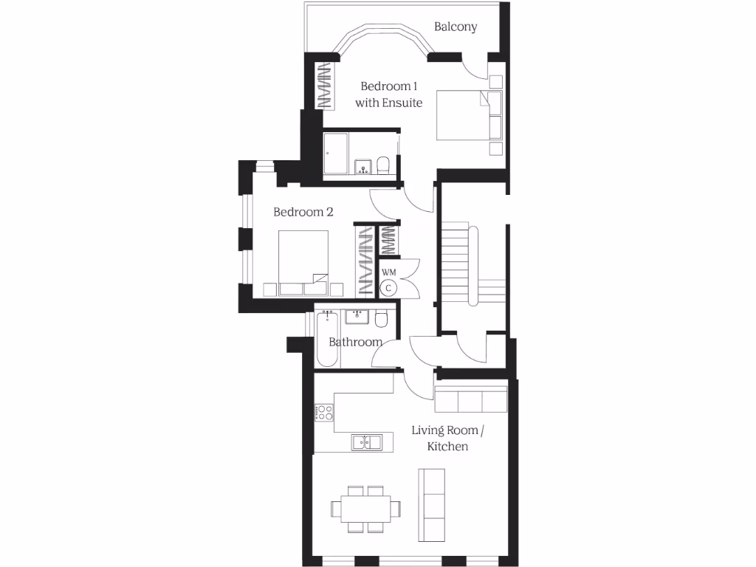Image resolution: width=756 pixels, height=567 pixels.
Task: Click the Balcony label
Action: (x=456, y=27)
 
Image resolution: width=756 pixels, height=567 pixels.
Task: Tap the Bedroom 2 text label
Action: (x=303, y=212)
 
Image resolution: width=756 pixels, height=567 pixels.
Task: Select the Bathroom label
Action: (x=355, y=342)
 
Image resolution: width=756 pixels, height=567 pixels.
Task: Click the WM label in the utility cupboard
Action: (x=388, y=272)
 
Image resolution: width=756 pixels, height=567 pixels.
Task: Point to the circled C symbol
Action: (x=389, y=287)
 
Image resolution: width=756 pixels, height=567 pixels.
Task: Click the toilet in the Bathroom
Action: (x=382, y=319)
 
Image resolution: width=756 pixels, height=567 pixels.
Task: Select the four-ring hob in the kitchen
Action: (x=323, y=412)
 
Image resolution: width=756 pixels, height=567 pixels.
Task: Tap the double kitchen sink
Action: (x=366, y=442)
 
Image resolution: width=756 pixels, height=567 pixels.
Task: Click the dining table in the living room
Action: (x=366, y=509)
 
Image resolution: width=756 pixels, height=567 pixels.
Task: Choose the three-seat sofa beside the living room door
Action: (x=470, y=400)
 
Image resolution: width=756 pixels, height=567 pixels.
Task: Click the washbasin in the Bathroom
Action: (x=357, y=317)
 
